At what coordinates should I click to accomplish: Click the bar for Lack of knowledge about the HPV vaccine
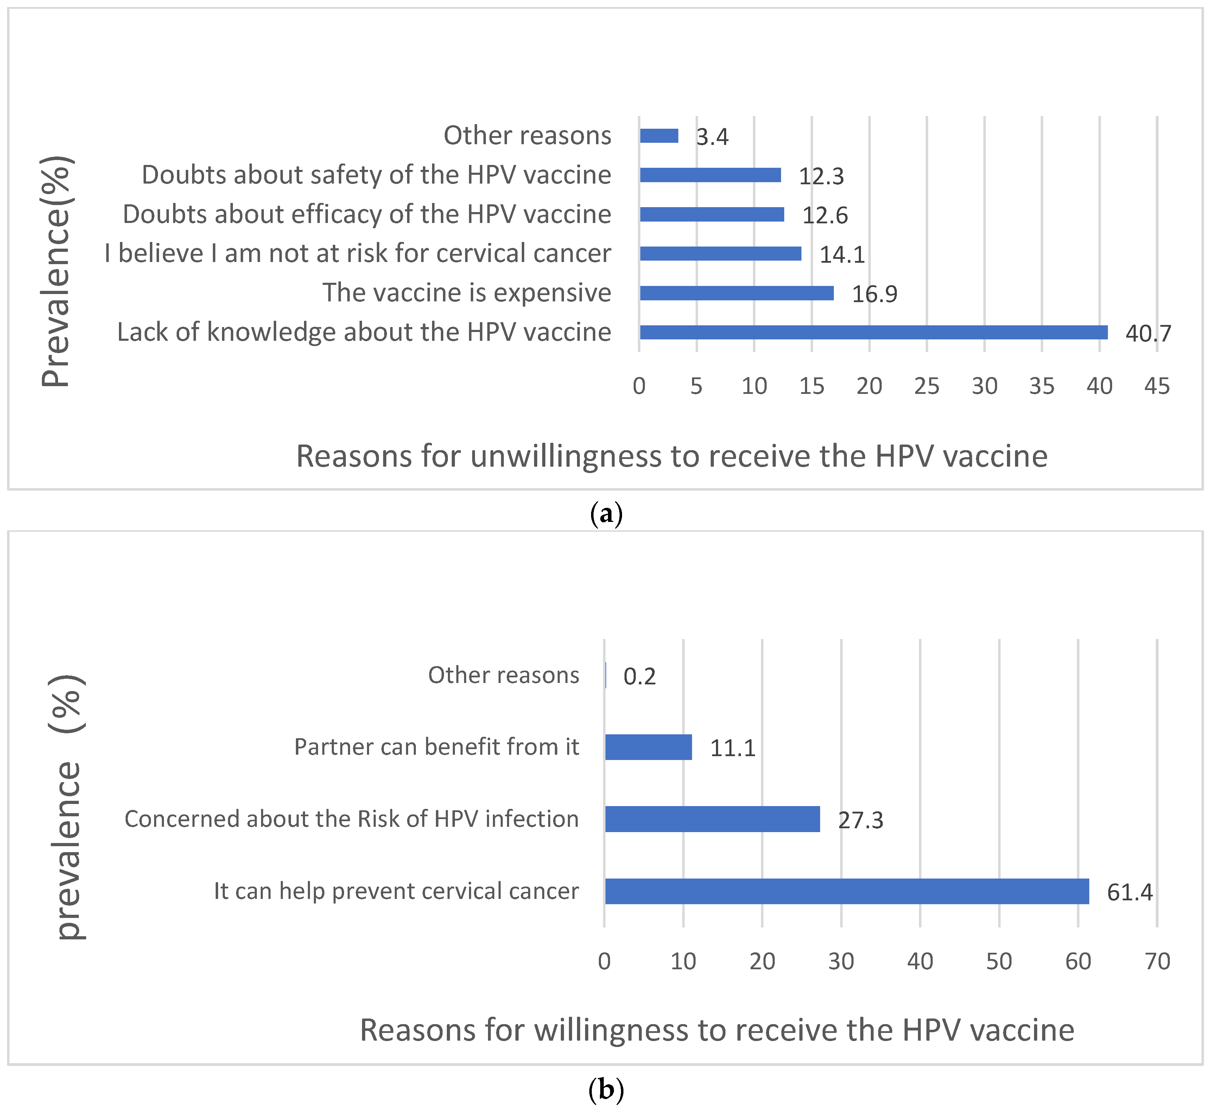(873, 332)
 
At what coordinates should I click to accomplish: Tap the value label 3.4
(712, 137)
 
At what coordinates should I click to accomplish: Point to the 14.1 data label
(842, 255)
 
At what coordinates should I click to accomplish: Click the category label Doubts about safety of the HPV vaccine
(376, 175)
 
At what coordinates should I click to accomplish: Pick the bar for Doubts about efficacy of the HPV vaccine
(712, 214)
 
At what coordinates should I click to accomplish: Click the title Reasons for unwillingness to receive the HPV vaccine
(672, 456)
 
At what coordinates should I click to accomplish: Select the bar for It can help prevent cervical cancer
(847, 891)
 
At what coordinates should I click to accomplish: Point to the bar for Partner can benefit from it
(648, 747)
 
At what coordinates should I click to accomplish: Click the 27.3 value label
(861, 820)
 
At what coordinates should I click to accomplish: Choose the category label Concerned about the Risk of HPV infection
(352, 819)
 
